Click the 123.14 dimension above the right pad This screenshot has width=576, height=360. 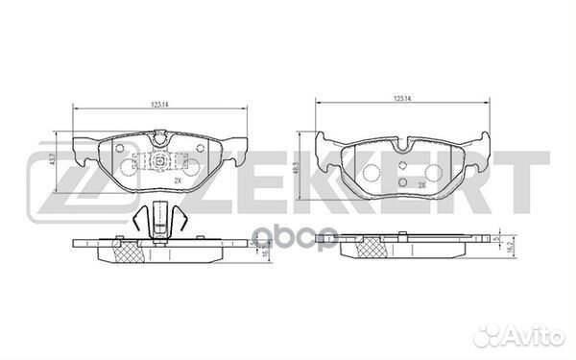[x=403, y=98]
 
